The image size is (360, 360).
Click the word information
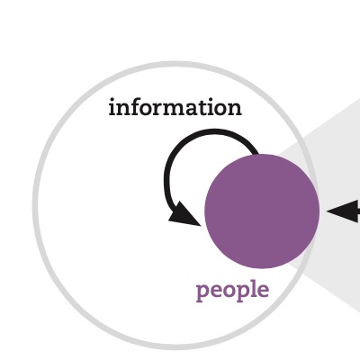tap(175, 107)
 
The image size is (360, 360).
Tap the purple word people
tap(232, 290)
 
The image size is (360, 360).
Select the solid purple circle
tap(262, 211)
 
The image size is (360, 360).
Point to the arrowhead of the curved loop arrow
tap(183, 215)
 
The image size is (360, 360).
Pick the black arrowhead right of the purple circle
tap(343, 211)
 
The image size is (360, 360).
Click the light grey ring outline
tap(35, 205)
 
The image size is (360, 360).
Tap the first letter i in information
tap(112, 107)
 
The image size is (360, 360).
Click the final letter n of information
tap(235, 109)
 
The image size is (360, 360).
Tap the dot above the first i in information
tap(113, 100)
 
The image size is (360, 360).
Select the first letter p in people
tap(202, 292)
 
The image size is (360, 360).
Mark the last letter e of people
tap(263, 291)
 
